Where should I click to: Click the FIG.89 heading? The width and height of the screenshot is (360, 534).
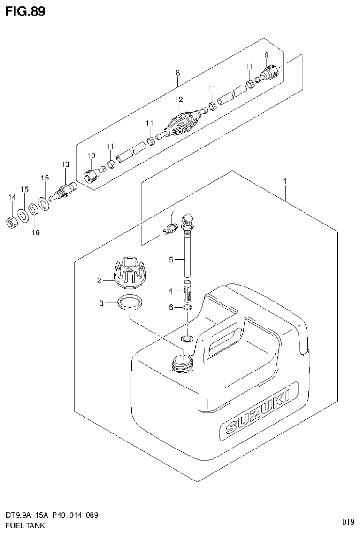tap(26, 12)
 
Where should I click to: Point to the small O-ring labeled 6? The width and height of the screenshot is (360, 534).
tap(187, 308)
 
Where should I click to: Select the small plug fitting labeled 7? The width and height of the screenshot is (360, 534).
tap(170, 230)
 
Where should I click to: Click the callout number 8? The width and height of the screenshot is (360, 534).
tap(177, 73)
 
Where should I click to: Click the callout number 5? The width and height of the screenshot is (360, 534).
tap(171, 259)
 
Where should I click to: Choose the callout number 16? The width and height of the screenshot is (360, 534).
tap(36, 232)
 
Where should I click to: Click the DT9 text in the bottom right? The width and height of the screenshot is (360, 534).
tap(347, 522)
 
